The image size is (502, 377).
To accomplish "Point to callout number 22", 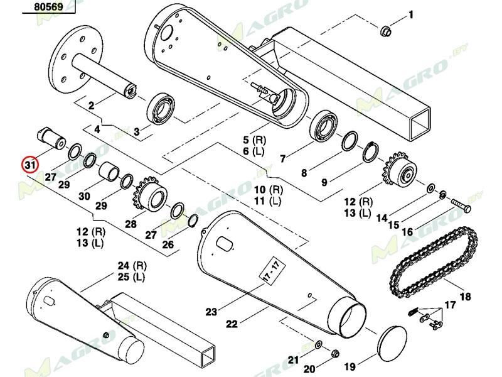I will (x=232, y=324).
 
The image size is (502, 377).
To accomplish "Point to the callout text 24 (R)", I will (x=131, y=265).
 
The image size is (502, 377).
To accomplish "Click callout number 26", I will (x=168, y=244).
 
